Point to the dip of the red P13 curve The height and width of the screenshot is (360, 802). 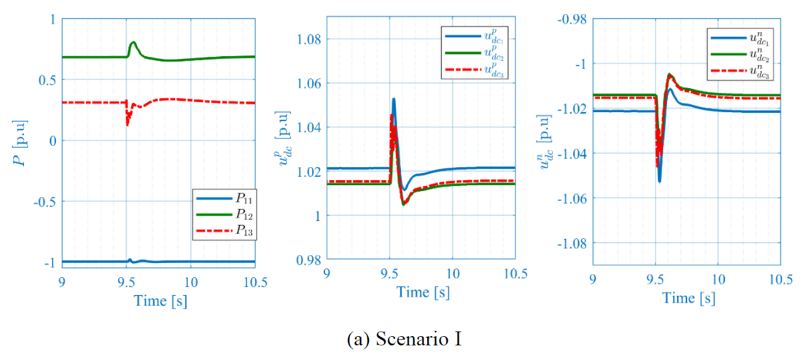128,124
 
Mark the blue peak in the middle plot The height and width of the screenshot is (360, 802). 394,99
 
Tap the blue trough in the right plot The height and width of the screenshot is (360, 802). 659,181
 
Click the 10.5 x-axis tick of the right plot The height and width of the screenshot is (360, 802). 780,279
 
